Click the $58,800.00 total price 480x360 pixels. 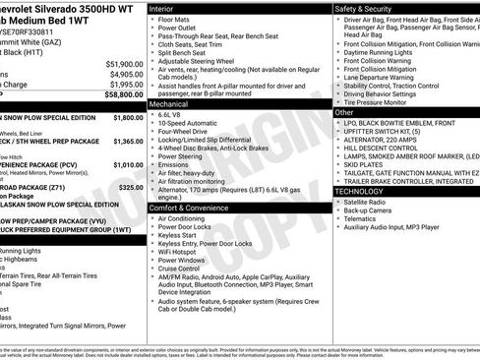click(123, 94)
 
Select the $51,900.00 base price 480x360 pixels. click(123, 63)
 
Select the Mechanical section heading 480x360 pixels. click(168, 102)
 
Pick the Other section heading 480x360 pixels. click(345, 112)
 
